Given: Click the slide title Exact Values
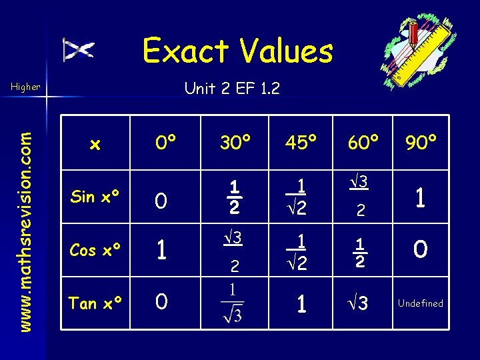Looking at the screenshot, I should click(x=237, y=51).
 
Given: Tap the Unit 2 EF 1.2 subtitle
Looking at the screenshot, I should click(x=232, y=87).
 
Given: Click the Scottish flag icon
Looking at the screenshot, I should click(x=79, y=49).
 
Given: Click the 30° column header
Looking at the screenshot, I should click(x=235, y=143).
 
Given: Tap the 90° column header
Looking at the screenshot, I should click(x=421, y=143).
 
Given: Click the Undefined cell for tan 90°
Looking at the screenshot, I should click(x=420, y=303).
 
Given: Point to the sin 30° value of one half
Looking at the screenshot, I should click(x=235, y=197).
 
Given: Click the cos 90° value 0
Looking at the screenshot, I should click(x=421, y=250).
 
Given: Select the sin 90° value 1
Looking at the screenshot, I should click(x=421, y=197).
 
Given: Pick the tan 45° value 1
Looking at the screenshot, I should click(x=301, y=304).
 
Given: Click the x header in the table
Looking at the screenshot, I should click(x=95, y=144).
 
